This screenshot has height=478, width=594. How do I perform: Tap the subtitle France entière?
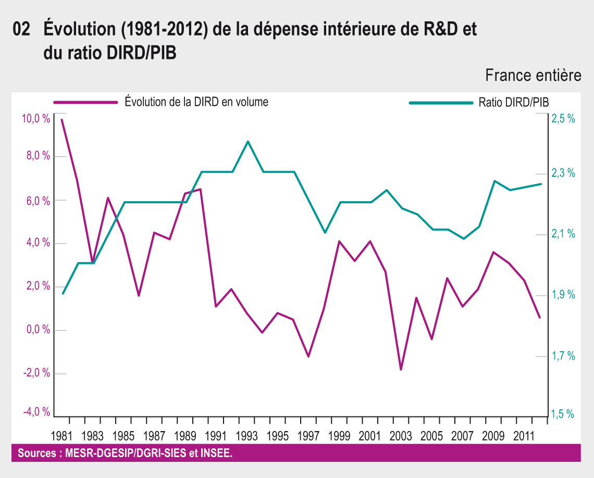click(x=533, y=76)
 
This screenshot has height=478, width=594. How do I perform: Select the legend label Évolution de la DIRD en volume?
click(x=196, y=102)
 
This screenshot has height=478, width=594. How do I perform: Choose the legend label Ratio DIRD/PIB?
click(x=513, y=102)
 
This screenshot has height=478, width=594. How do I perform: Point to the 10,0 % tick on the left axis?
click(x=36, y=119)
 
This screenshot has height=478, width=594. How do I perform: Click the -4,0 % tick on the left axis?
click(x=36, y=412)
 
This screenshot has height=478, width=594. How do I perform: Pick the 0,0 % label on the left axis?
click(x=37, y=329)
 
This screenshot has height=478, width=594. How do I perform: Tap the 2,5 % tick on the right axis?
click(x=563, y=119)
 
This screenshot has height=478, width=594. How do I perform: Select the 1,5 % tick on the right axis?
click(x=563, y=414)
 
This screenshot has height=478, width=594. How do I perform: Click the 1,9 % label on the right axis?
click(x=563, y=295)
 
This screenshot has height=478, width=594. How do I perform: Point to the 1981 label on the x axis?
click(x=62, y=436)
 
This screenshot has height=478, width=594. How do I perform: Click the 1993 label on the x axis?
click(x=247, y=436)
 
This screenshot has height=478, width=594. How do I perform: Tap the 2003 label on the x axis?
click(x=401, y=436)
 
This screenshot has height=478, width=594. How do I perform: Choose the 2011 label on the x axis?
click(x=524, y=436)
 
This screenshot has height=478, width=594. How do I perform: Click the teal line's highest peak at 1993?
click(x=247, y=141)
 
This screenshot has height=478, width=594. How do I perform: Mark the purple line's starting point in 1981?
click(x=62, y=120)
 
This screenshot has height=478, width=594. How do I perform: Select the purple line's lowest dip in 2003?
click(x=401, y=370)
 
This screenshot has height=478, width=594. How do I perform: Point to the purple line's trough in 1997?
click(x=308, y=357)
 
